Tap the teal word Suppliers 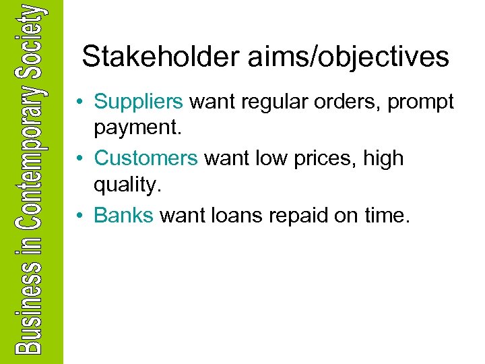tap(139, 102)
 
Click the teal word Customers tap(146, 158)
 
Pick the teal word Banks tap(124, 215)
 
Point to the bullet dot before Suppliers tap(79, 102)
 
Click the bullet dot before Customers tap(79, 159)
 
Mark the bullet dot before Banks tap(79, 216)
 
